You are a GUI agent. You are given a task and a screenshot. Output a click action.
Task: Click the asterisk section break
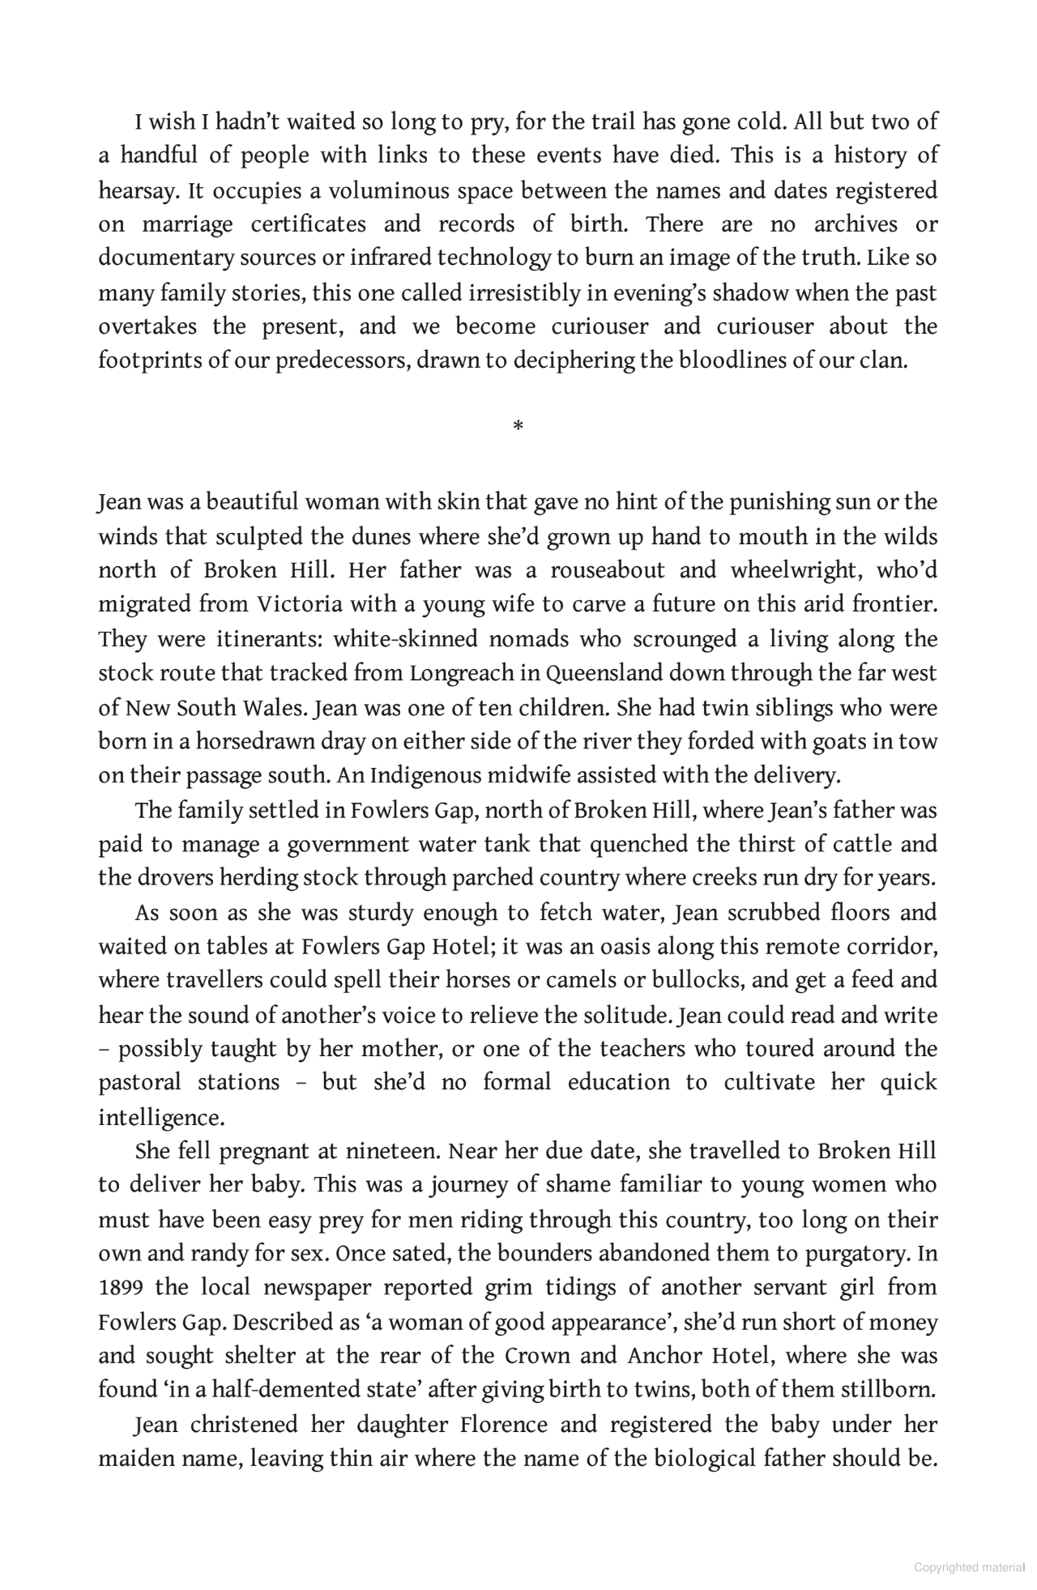click(518, 425)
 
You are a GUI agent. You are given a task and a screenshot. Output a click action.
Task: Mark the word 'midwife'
click(531, 775)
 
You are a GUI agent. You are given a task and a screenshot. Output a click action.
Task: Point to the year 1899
click(121, 1287)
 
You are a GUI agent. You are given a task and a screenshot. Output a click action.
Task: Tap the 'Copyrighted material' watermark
click(969, 1567)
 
